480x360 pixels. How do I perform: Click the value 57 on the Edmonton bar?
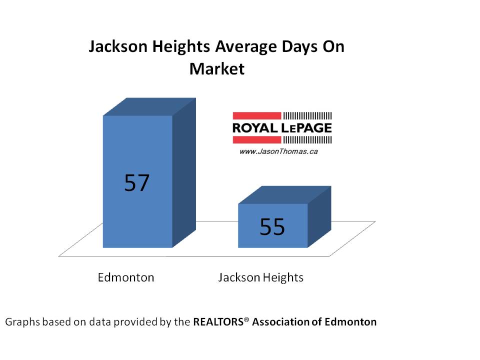pyautogui.click(x=137, y=183)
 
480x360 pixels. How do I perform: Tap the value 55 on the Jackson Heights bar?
pyautogui.click(x=272, y=227)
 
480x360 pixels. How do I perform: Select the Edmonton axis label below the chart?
pyautogui.click(x=126, y=277)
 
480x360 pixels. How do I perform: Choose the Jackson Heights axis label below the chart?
pyautogui.click(x=260, y=277)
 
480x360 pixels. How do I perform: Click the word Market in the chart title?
pyautogui.click(x=216, y=68)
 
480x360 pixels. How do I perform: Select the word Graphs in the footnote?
pyautogui.click(x=21, y=322)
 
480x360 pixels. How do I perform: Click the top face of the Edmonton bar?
pyautogui.click(x=148, y=106)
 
